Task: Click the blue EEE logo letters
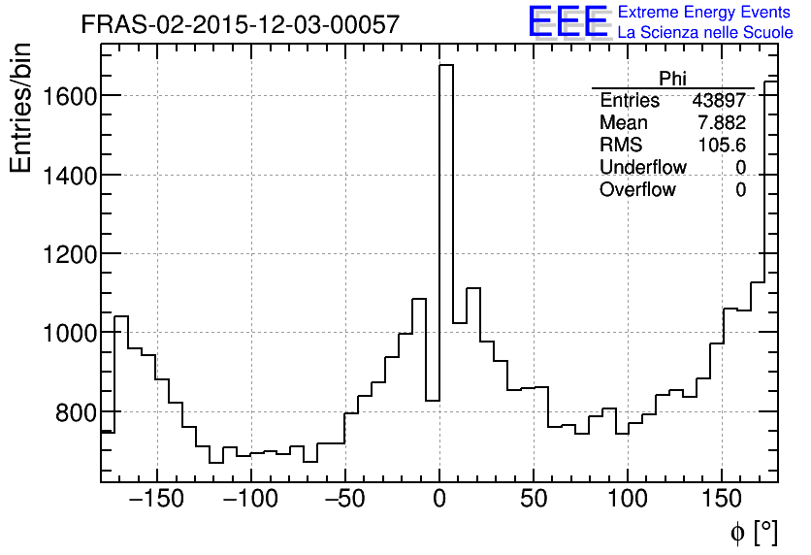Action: [x=568, y=22]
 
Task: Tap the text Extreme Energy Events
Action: [x=704, y=13]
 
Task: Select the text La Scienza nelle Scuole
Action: [x=705, y=33]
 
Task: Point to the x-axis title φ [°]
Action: [x=754, y=532]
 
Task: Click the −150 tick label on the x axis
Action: [x=156, y=501]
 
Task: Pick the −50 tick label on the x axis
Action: [x=344, y=501]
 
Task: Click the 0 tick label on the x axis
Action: [x=438, y=501]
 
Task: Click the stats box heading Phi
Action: [x=673, y=79]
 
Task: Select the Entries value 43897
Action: [x=719, y=101]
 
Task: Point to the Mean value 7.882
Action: [x=722, y=123]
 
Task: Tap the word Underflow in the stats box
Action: [x=642, y=168]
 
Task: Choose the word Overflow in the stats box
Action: [x=637, y=190]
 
